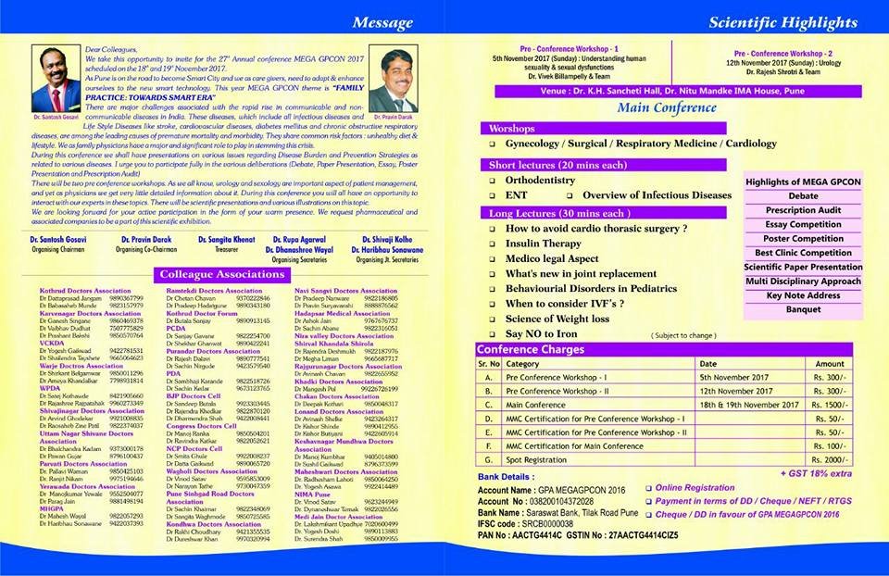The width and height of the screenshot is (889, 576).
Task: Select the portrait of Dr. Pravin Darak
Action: coord(393,98)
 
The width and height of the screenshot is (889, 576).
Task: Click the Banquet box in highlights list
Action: coord(804,310)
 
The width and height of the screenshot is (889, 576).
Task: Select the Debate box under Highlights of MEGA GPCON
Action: coord(804,196)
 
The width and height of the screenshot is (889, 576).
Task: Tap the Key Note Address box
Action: coord(804,295)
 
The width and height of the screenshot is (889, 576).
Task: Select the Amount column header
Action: coord(830,364)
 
